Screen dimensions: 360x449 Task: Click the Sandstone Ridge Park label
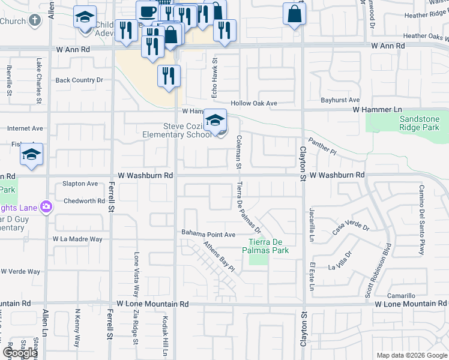point(420,123)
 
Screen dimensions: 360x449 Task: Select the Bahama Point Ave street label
point(209,234)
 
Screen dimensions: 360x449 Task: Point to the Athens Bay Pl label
point(218,257)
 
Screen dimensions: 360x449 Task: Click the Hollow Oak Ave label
point(255,103)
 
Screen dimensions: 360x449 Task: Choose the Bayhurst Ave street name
point(340,100)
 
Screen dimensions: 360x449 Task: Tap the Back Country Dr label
point(79,80)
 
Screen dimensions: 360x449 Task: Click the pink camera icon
point(46,207)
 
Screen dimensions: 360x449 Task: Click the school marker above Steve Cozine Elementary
point(215,119)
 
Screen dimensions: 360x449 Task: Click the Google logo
point(20,353)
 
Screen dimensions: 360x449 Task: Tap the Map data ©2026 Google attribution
point(412,355)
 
